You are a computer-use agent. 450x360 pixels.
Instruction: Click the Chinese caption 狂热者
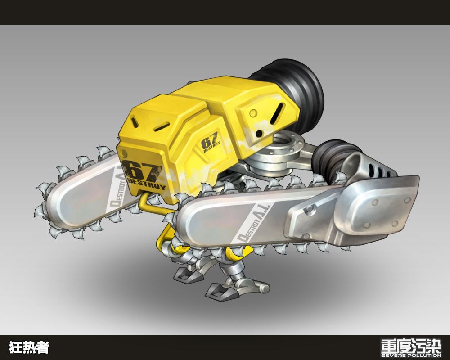[29, 347]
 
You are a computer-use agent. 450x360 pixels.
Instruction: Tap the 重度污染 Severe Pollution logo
[411, 348]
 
